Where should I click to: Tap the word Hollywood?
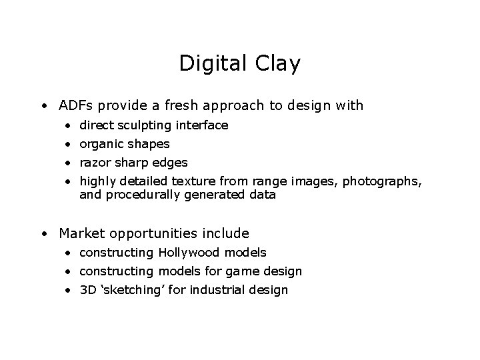pyautogui.click(x=191, y=253)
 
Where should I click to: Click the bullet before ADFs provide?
pyautogui.click(x=43, y=106)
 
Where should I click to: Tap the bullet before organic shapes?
pyautogui.click(x=69, y=145)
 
